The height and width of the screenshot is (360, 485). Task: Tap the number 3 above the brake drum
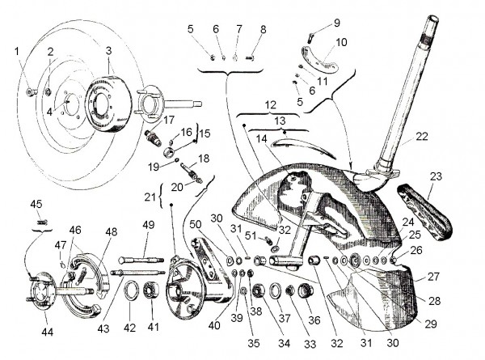(x=108, y=50)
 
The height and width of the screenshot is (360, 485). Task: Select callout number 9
(x=314, y=22)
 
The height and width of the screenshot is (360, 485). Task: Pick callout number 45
(x=36, y=203)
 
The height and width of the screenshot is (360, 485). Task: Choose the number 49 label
(x=148, y=224)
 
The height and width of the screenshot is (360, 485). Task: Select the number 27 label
(x=433, y=276)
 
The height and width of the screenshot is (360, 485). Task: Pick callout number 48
(x=111, y=232)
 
